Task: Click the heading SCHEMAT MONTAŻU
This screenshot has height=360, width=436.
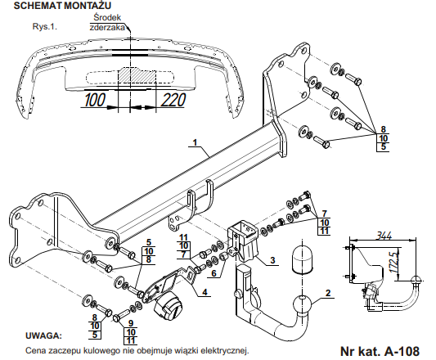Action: click(x=62, y=6)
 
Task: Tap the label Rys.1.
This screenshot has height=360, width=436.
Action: click(x=45, y=27)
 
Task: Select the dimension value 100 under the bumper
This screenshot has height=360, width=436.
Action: click(x=95, y=100)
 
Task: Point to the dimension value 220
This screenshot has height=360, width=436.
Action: click(x=173, y=100)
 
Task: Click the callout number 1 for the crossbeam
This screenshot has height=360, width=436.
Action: click(x=195, y=142)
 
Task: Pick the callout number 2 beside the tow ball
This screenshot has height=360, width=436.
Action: click(x=328, y=293)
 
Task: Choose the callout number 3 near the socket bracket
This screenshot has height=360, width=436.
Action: click(x=272, y=260)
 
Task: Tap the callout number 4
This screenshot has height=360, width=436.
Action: click(x=205, y=292)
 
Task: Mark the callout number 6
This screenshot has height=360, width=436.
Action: click(x=214, y=273)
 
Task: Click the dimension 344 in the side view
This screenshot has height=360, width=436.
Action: click(x=384, y=236)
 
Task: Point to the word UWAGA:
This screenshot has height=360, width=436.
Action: click(x=43, y=335)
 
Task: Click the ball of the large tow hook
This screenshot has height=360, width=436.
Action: click(x=303, y=304)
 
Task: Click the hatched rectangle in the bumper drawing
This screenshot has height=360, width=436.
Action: click(x=137, y=74)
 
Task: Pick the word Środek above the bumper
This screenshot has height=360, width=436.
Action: click(x=107, y=17)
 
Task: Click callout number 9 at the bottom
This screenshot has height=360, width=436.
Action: click(x=131, y=323)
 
